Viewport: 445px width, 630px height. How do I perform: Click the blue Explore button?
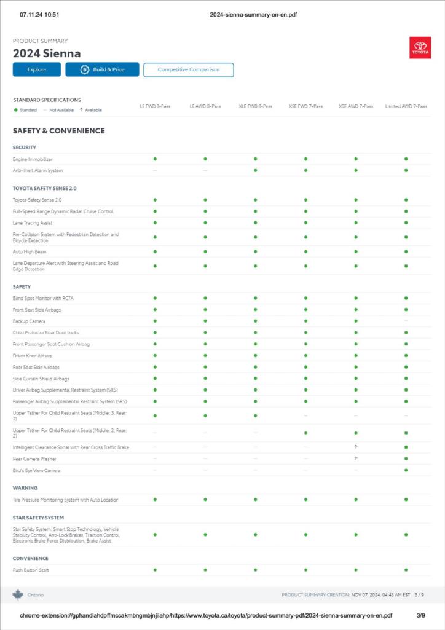coord(36,69)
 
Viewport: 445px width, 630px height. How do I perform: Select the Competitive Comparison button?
coord(188,69)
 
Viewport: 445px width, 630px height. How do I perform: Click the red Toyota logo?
coord(420,48)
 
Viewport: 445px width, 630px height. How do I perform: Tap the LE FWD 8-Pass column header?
coord(155,106)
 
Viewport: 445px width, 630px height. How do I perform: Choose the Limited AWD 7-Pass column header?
coord(406,106)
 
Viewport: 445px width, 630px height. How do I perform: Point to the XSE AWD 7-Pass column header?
coord(356,106)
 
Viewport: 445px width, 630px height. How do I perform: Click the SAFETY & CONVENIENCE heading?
coord(59,131)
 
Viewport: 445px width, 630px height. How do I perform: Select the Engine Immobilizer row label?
coord(33,159)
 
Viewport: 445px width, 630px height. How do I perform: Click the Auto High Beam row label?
coord(30,252)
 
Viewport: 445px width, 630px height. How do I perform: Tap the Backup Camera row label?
coord(29,321)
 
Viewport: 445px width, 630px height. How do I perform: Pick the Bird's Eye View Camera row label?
coord(37,470)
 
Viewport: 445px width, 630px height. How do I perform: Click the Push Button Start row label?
coord(31,570)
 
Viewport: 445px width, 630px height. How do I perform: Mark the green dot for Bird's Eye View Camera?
coord(406,470)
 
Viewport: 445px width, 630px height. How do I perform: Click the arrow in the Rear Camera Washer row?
coord(356,459)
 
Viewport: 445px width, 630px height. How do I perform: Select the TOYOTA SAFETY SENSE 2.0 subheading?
coord(44,188)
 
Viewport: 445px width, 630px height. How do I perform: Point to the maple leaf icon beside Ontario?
coord(18,594)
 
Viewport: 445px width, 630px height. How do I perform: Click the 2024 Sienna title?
coord(47,53)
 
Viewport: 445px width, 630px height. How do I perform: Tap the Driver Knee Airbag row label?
coord(32,356)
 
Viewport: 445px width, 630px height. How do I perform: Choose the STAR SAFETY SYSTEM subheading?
coord(38,518)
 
